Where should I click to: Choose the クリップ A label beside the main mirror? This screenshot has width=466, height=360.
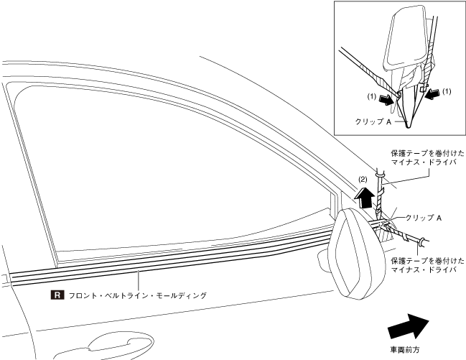(x=423, y=217)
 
